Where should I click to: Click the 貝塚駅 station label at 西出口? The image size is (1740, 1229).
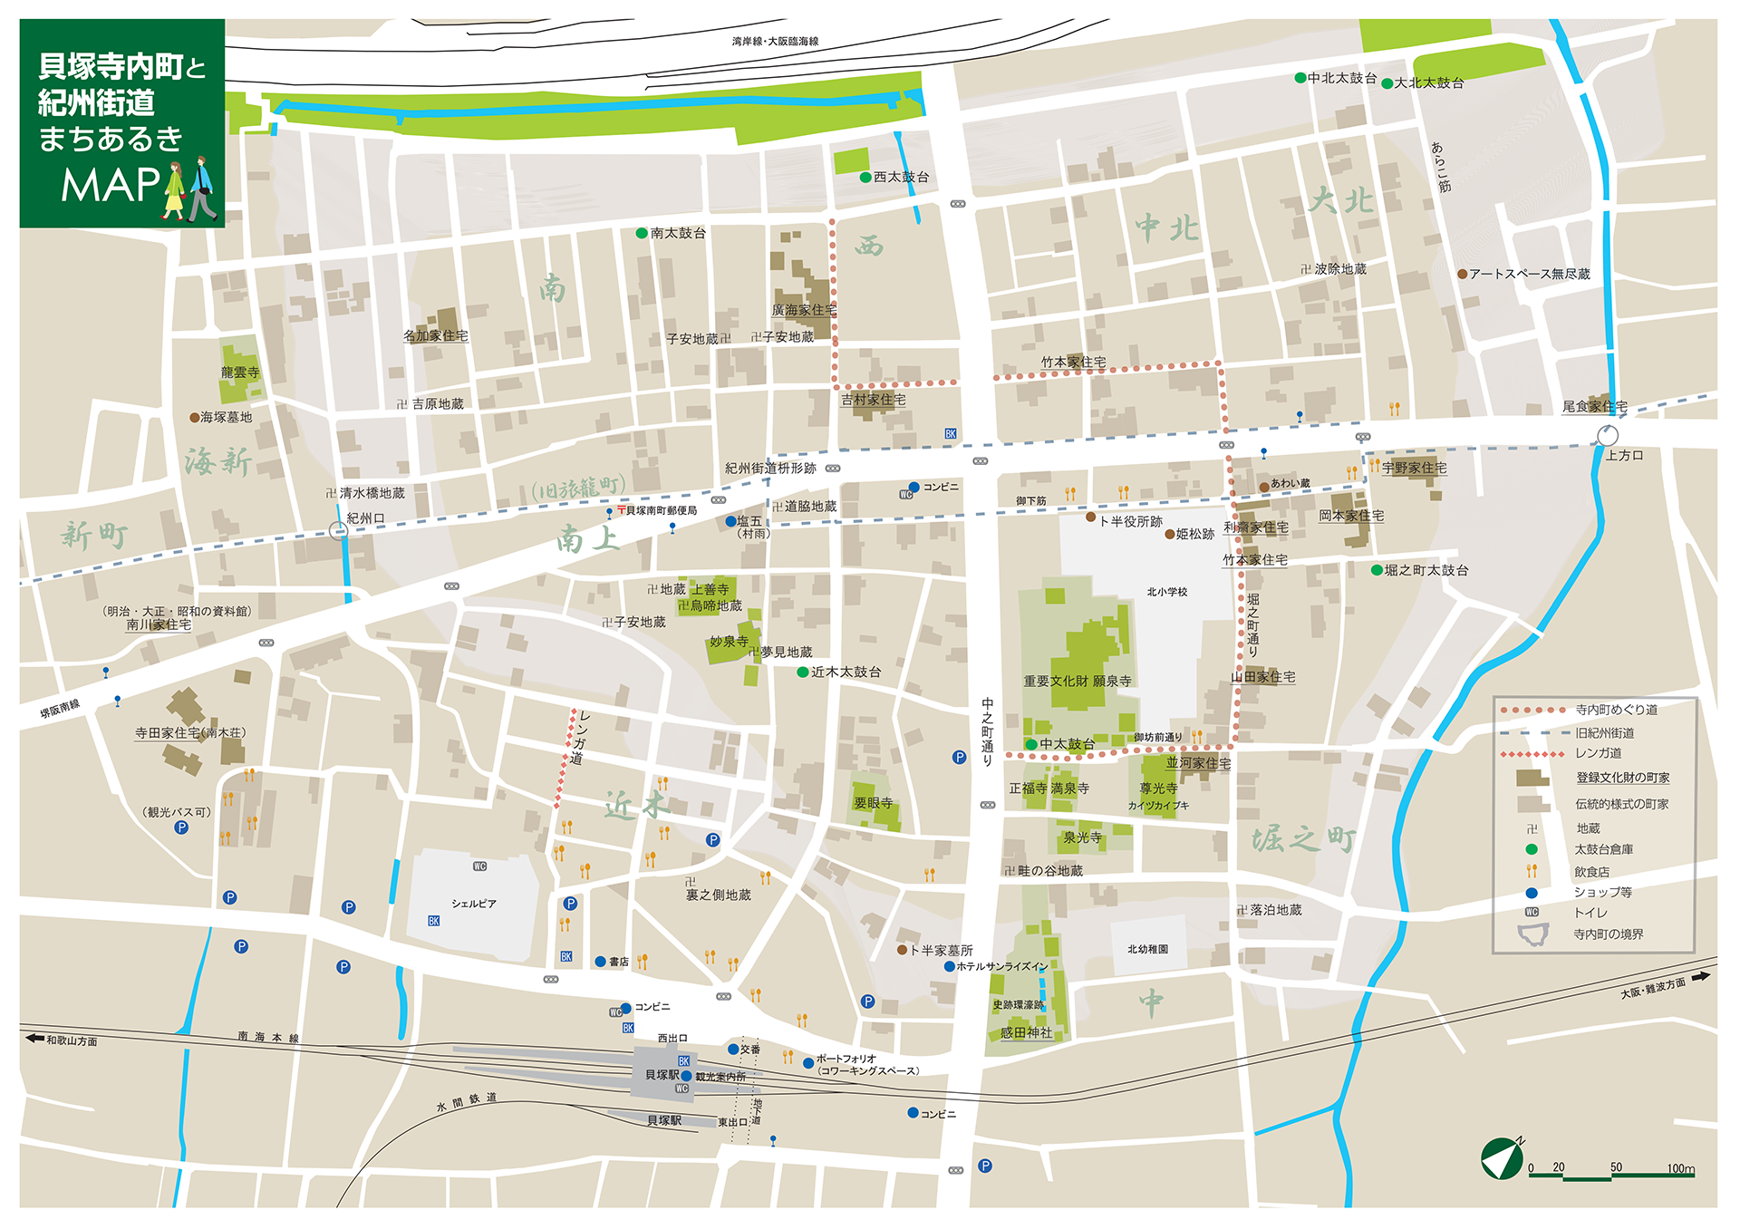pyautogui.click(x=662, y=1075)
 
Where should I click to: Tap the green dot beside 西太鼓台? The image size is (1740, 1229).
pyautogui.click(x=865, y=178)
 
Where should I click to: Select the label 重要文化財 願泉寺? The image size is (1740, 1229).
pyautogui.click(x=1077, y=682)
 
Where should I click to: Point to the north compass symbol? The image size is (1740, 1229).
pyautogui.click(x=1503, y=1158)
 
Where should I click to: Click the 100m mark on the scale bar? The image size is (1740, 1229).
pyautogui.click(x=1680, y=1168)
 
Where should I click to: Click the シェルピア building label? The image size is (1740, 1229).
pyautogui.click(x=473, y=904)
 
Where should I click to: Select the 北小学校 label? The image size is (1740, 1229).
pyautogui.click(x=1166, y=592)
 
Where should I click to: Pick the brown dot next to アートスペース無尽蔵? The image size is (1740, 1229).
pyautogui.click(x=1462, y=274)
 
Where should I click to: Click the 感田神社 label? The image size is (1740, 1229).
pyautogui.click(x=1026, y=1032)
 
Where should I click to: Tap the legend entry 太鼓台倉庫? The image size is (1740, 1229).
pyautogui.click(x=1602, y=849)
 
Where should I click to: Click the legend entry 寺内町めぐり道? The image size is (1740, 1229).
pyautogui.click(x=1616, y=710)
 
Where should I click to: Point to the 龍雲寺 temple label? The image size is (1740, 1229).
pyautogui.click(x=240, y=373)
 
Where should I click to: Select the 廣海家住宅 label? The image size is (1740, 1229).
pyautogui.click(x=804, y=310)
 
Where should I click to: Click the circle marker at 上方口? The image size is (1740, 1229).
pyautogui.click(x=1607, y=436)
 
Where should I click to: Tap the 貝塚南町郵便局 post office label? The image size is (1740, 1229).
pyautogui.click(x=661, y=511)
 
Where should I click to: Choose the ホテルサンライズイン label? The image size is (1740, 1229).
pyautogui.click(x=1001, y=966)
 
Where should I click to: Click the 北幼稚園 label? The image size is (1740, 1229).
pyautogui.click(x=1147, y=949)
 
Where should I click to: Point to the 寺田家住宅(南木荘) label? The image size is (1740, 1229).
pyautogui.click(x=190, y=732)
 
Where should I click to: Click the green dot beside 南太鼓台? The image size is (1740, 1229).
pyautogui.click(x=642, y=233)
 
